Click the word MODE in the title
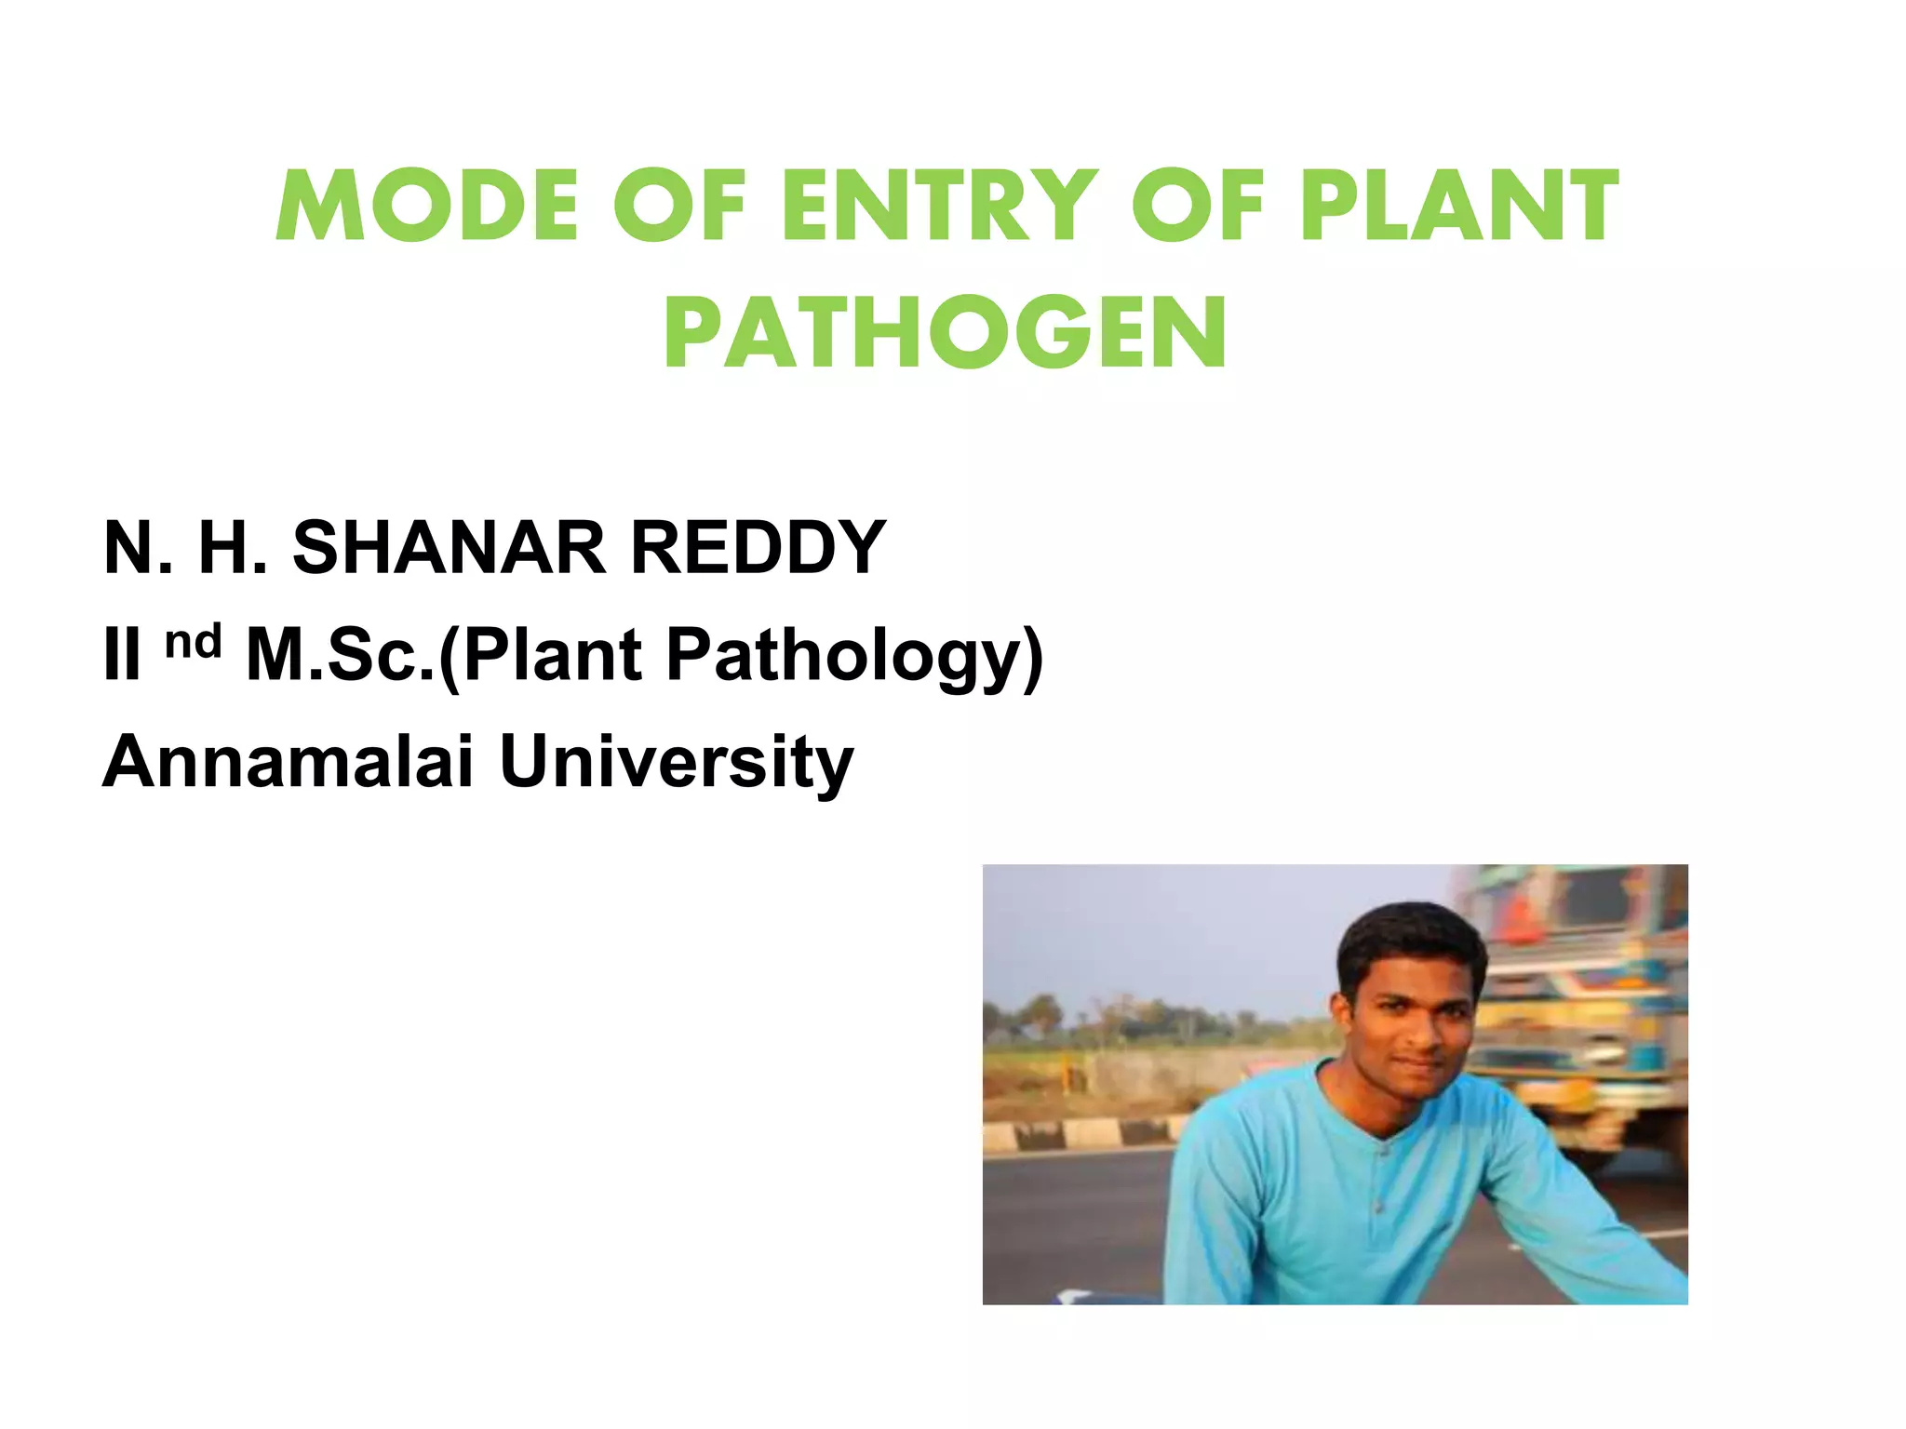pos(426,206)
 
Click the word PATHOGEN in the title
pos(946,333)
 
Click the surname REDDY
pos(758,548)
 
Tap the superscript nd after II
pos(194,642)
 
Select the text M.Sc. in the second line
pos(340,655)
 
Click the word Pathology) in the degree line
pos(854,657)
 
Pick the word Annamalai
pos(289,762)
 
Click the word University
pos(677,762)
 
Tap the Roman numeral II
pos(122,655)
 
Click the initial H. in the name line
pos(233,548)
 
